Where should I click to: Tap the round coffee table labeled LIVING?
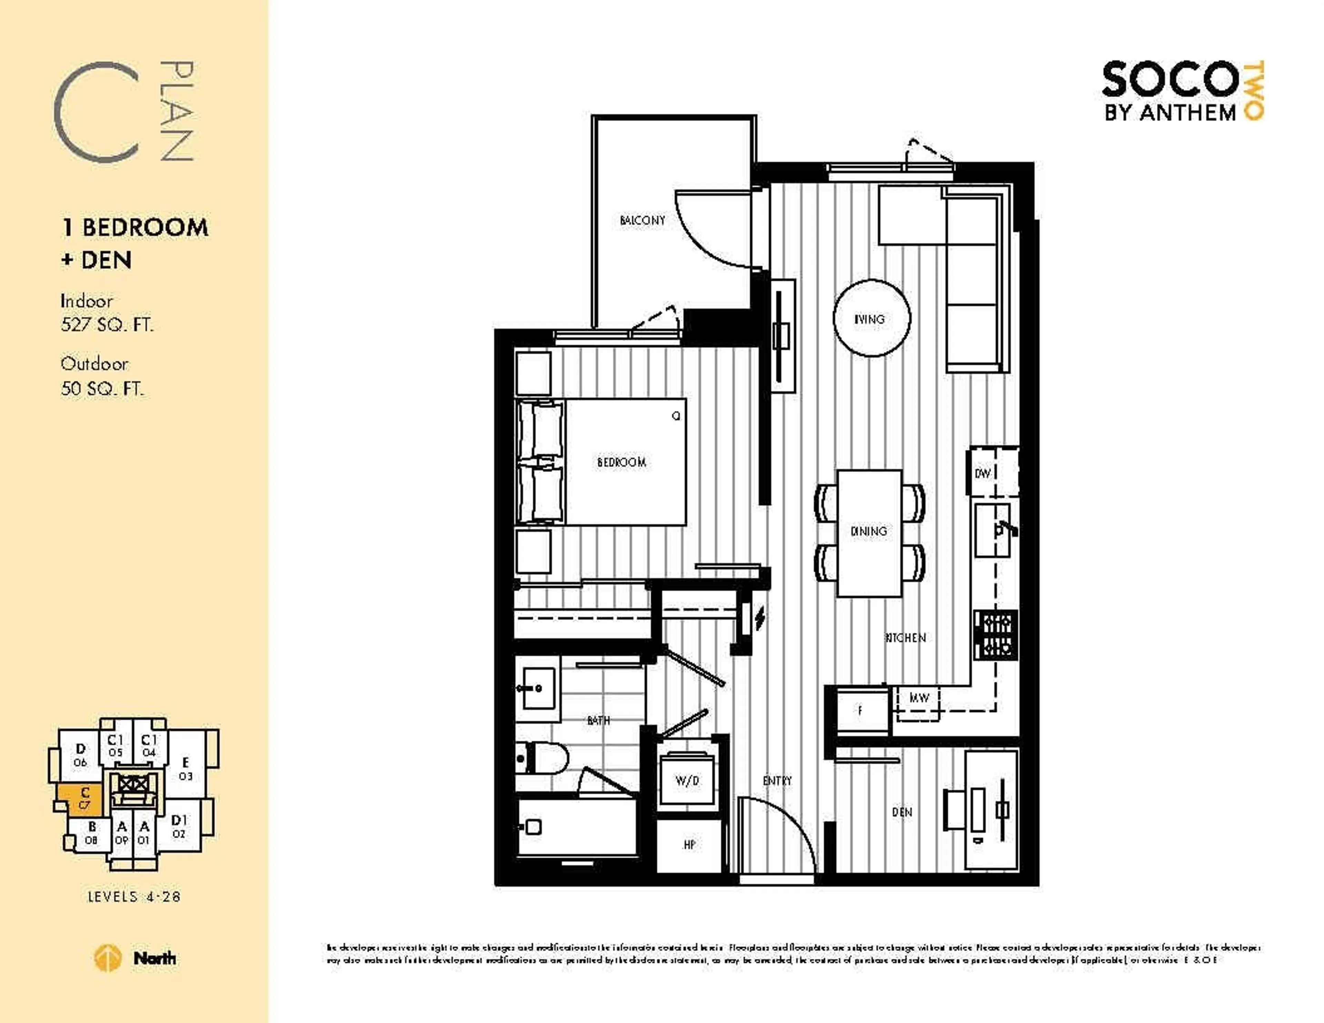click(871, 318)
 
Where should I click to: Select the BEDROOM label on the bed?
click(621, 462)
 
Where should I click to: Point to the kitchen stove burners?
click(996, 635)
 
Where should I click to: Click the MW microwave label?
click(919, 698)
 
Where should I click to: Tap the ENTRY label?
click(777, 781)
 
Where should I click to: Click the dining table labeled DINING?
click(869, 532)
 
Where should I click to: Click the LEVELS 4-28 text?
click(134, 896)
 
